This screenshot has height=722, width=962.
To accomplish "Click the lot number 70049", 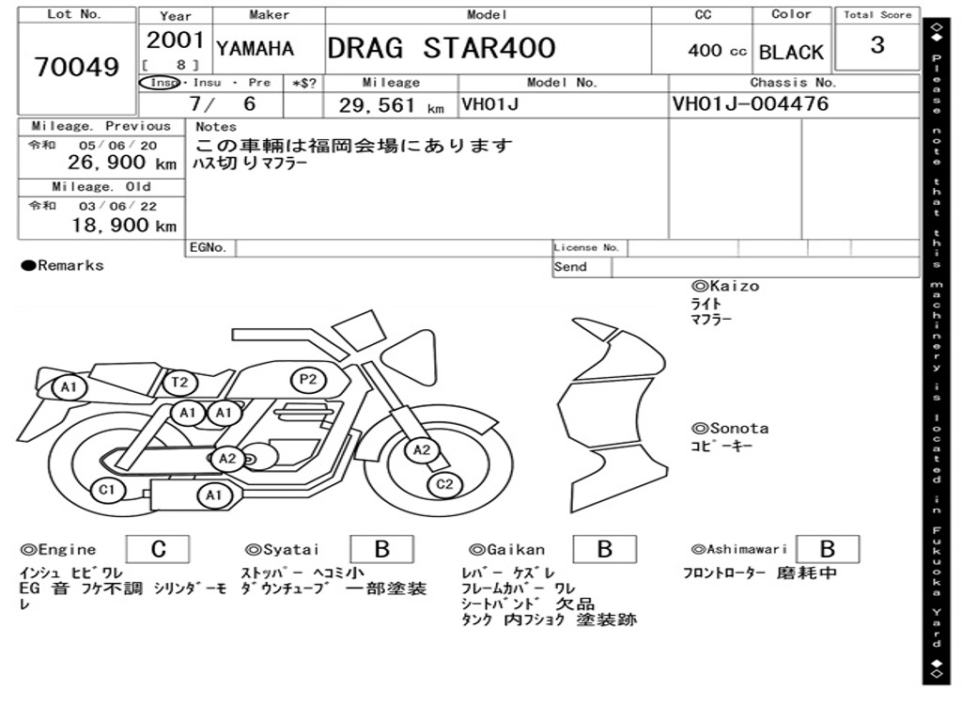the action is click(77, 67).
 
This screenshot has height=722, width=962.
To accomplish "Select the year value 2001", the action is click(175, 39).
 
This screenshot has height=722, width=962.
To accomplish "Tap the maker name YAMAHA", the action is click(256, 48).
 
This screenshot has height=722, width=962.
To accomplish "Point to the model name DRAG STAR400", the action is click(442, 48).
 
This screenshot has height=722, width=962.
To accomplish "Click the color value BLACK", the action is click(791, 53).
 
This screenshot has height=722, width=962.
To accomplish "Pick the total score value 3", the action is click(877, 45).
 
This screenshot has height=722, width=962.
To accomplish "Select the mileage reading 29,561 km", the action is click(392, 105).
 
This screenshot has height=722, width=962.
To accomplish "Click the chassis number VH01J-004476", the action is click(751, 103).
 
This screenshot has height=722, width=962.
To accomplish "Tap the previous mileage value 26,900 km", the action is click(122, 163).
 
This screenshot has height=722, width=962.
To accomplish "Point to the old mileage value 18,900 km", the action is click(125, 226).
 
